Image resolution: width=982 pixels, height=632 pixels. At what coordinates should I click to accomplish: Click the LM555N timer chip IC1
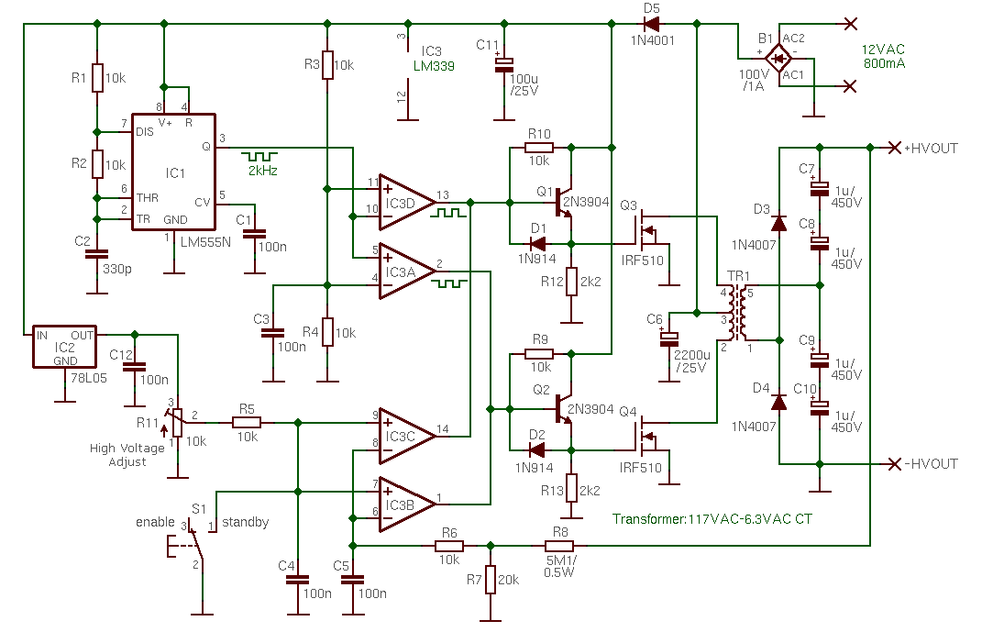pyautogui.click(x=173, y=172)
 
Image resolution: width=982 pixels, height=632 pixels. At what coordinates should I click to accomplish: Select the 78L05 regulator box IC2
pyautogui.click(x=65, y=347)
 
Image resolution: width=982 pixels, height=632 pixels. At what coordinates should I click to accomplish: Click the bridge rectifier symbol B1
pyautogui.click(x=779, y=59)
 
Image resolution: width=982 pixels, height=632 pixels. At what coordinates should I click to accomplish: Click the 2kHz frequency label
pyautogui.click(x=261, y=171)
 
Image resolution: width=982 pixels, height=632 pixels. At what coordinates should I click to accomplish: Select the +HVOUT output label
pyautogui.click(x=932, y=148)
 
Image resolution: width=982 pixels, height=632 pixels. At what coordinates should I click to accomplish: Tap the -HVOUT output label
pyautogui.click(x=931, y=463)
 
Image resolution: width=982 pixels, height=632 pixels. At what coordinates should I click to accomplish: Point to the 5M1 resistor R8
pyautogui.click(x=560, y=545)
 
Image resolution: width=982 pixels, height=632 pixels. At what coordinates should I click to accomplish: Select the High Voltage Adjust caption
pyautogui.click(x=127, y=455)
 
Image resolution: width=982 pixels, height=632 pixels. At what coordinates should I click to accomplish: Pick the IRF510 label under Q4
pyautogui.click(x=640, y=468)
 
